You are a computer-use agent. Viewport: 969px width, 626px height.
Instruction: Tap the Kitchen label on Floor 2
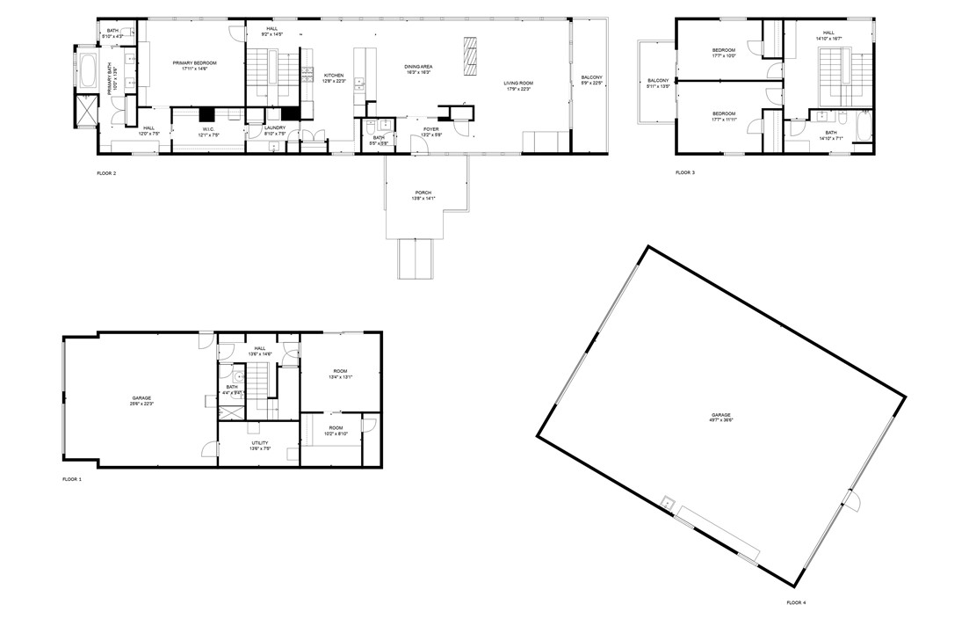(334, 76)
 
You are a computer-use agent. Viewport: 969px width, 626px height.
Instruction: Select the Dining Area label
(418, 68)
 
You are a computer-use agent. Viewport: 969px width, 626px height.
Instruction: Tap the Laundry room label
(275, 130)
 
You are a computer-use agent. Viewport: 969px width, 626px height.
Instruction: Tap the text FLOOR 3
(685, 172)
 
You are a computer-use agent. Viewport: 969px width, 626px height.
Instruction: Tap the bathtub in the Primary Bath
(88, 71)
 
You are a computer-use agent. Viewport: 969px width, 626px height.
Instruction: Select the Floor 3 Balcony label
(658, 84)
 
